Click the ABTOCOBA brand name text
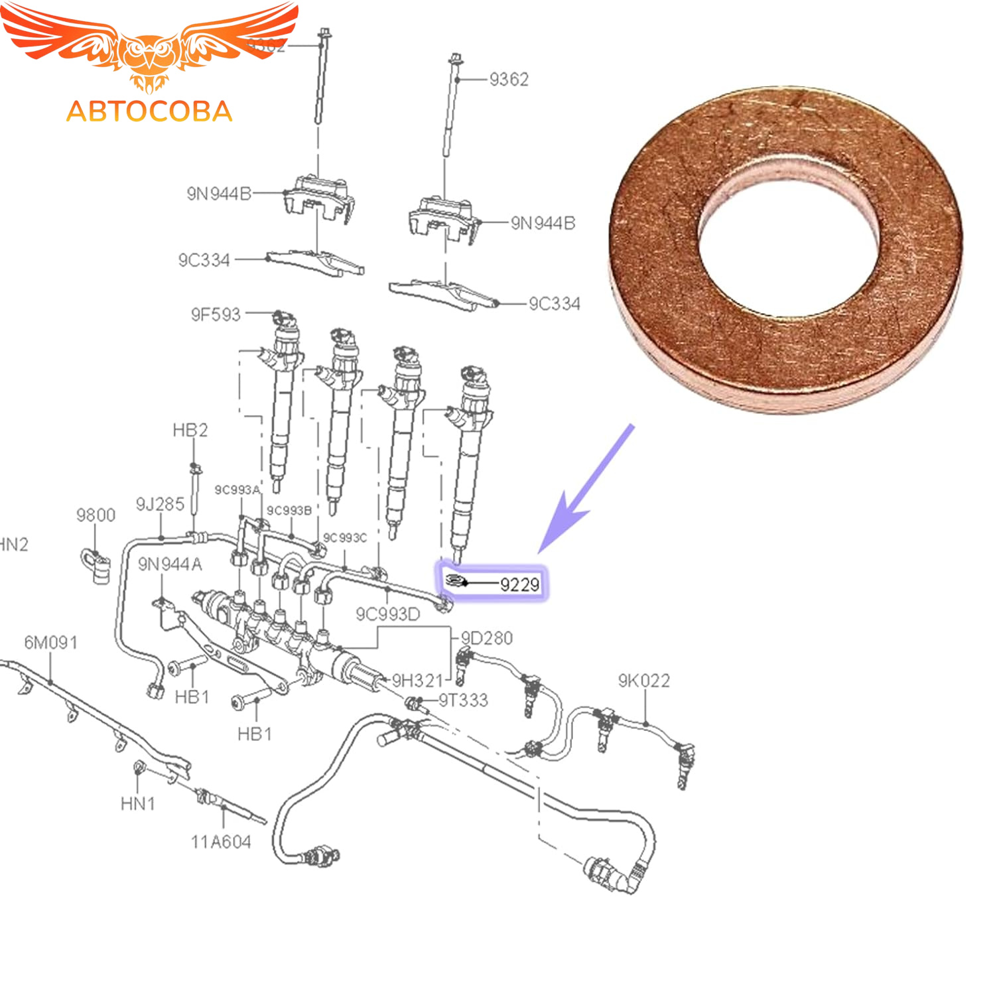click(x=149, y=111)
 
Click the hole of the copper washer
click(x=788, y=235)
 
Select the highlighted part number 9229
click(x=519, y=584)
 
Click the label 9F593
click(x=216, y=314)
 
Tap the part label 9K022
click(x=643, y=681)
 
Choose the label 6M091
click(x=51, y=642)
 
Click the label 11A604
click(x=221, y=842)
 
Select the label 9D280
click(x=487, y=638)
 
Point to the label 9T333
click(x=463, y=700)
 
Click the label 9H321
click(x=417, y=681)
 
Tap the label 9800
click(x=96, y=515)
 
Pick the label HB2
click(x=190, y=431)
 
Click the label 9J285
click(x=160, y=504)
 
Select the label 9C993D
click(x=388, y=614)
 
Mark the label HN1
click(x=138, y=804)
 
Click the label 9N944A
click(x=170, y=564)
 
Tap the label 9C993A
click(x=237, y=490)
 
